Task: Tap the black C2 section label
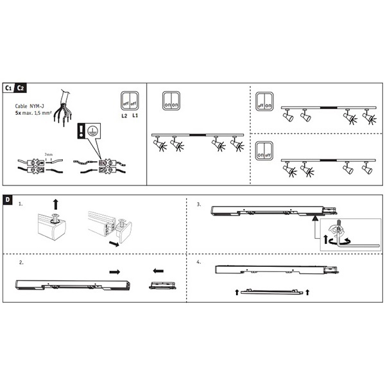click(21, 88)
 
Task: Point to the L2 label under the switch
click(124, 116)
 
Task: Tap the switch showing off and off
click(129, 101)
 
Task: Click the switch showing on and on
click(171, 101)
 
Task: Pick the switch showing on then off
click(264, 154)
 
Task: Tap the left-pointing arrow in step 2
click(160, 271)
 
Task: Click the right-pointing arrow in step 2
click(116, 271)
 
